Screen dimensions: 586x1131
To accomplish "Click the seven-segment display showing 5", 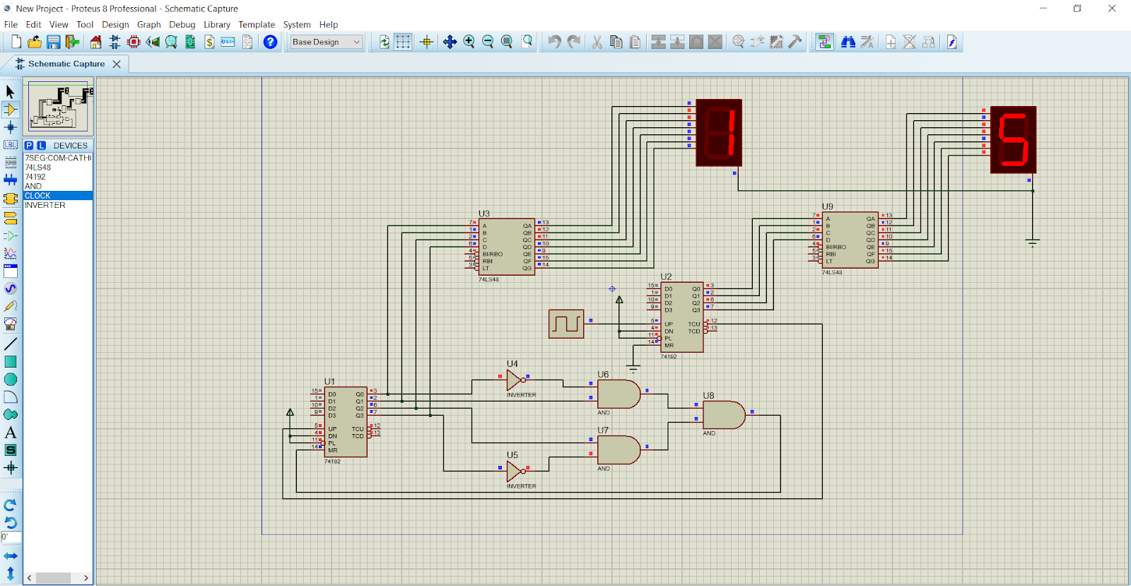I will point(1013,140).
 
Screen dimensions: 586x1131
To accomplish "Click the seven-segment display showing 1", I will point(719,133).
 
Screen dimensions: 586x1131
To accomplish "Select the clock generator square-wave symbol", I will point(566,324).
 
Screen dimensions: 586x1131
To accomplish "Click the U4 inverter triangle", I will point(514,380).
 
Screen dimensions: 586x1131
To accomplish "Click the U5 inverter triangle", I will point(514,471).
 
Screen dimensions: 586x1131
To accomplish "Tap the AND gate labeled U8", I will point(722,415).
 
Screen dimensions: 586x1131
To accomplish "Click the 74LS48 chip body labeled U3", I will point(506,246).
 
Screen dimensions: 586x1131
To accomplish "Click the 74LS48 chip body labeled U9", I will point(850,240).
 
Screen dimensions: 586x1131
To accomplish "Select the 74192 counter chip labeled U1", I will point(346,421).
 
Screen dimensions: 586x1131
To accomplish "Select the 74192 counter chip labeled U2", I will point(681,317).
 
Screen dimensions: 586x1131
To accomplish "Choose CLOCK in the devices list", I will point(37,196).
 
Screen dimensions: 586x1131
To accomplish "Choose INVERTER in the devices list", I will point(45,205).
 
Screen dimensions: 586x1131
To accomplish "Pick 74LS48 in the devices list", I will point(37,168).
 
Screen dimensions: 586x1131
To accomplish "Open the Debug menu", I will point(182,24).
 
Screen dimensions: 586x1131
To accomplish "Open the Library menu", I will point(216,24).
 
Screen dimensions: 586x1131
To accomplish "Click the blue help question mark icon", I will point(270,42).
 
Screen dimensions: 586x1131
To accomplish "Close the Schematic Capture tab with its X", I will point(117,64).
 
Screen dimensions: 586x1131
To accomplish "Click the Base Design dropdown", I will point(326,42).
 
